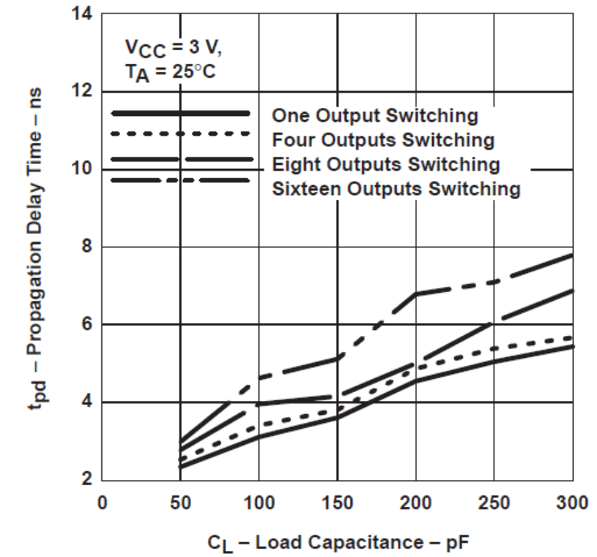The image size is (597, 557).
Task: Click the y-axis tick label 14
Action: click(x=84, y=14)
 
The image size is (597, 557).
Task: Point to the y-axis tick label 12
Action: click(x=84, y=92)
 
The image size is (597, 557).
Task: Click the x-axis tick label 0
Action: click(x=102, y=502)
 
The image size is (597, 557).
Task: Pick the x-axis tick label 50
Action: click(x=180, y=502)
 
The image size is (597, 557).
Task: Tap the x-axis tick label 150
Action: click(x=337, y=502)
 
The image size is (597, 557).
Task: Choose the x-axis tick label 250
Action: click(x=494, y=502)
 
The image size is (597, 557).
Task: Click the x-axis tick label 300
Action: click(x=572, y=502)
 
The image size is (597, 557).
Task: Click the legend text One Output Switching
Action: click(x=375, y=116)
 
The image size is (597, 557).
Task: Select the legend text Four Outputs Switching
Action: click(x=383, y=141)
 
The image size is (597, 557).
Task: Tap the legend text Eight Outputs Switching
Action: click(x=386, y=165)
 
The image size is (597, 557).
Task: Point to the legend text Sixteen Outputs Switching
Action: click(x=396, y=189)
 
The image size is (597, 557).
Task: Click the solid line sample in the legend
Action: click(x=180, y=113)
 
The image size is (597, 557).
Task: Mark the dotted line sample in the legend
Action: click(x=180, y=134)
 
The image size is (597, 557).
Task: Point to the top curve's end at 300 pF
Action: click(x=572, y=255)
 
